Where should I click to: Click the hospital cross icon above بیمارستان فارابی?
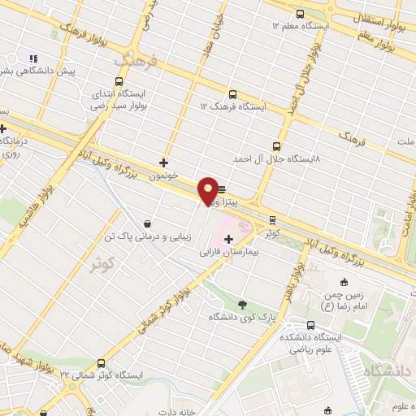coord(228,239)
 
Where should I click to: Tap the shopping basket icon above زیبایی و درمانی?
coord(146,223)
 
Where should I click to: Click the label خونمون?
coord(165,175)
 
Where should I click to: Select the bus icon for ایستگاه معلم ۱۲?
coord(301,14)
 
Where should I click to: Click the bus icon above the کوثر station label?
coord(272,219)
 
